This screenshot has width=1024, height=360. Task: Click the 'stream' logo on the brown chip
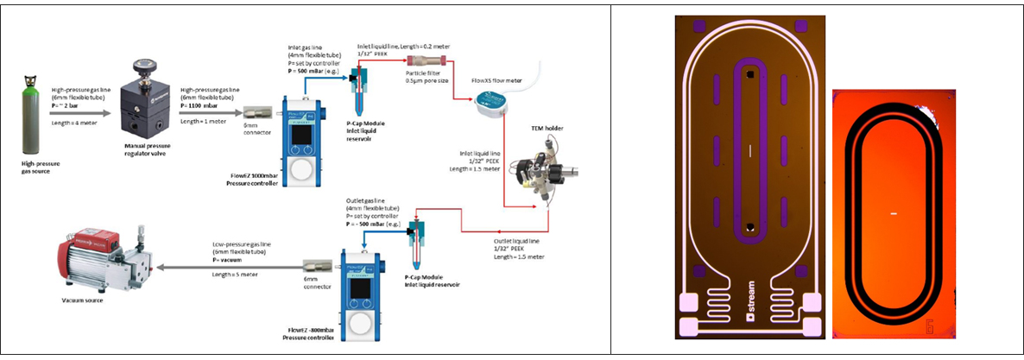tap(753, 328)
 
